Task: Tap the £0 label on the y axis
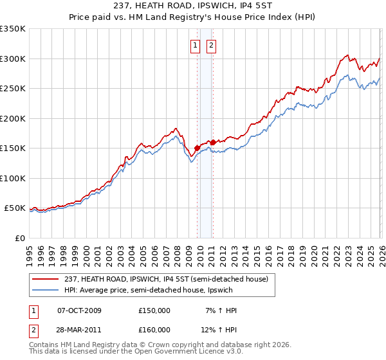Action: (x=19, y=238)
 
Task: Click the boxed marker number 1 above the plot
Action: (x=195, y=45)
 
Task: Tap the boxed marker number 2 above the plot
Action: (x=211, y=45)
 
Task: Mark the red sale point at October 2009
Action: (x=197, y=148)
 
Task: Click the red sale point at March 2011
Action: (x=213, y=142)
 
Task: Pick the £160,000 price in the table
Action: (x=154, y=329)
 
